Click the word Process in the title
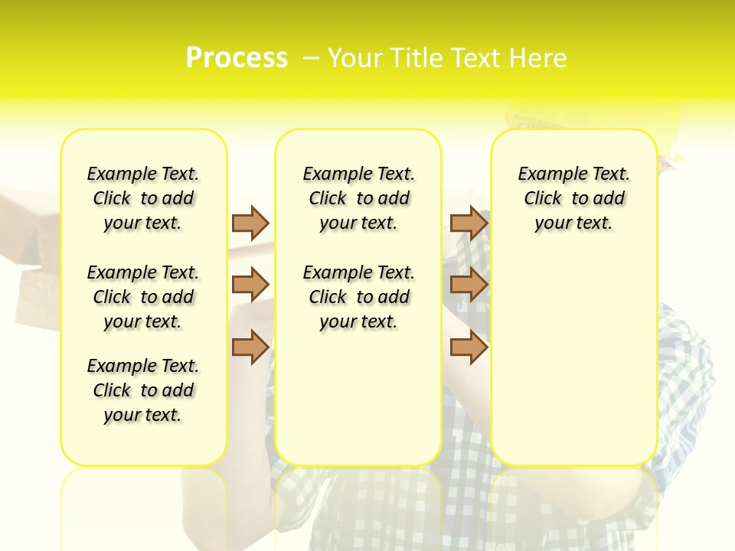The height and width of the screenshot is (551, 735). (x=237, y=58)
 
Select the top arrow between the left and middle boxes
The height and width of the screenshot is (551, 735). (x=250, y=223)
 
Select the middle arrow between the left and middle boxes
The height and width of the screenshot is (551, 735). (x=250, y=285)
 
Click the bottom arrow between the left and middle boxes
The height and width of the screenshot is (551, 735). (x=250, y=347)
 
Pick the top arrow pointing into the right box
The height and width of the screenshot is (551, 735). (x=469, y=223)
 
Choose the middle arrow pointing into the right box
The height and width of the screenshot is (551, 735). (x=469, y=285)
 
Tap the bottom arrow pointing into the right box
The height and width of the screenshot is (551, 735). (x=469, y=347)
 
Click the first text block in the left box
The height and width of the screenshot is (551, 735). (x=143, y=198)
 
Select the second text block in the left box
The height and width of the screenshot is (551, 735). (x=143, y=297)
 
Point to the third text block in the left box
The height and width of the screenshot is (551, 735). (x=143, y=390)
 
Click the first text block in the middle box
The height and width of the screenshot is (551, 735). (x=358, y=198)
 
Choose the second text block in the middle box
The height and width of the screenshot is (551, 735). (x=358, y=297)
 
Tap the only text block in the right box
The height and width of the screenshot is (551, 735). (x=574, y=198)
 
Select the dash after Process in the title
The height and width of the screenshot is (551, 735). (x=310, y=58)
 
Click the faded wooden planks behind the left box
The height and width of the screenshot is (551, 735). (x=31, y=253)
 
